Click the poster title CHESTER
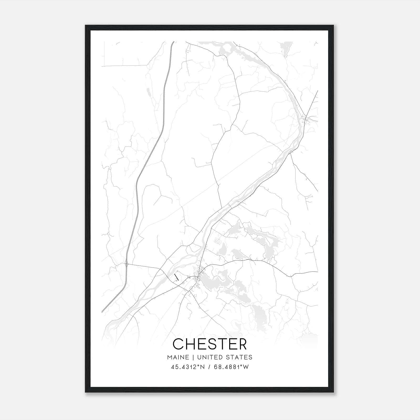tap(210, 344)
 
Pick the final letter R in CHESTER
tap(242, 344)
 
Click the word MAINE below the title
tap(178, 357)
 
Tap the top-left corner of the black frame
tap(86, 26)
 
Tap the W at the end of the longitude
tap(246, 367)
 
